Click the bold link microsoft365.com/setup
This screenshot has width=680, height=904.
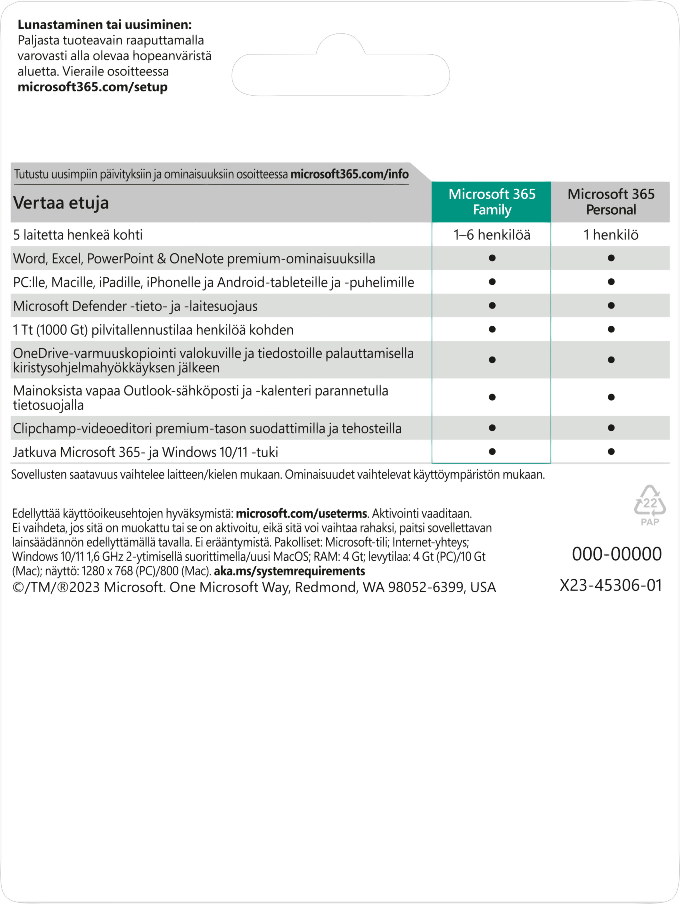pos(92,87)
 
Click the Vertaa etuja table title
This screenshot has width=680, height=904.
pos(61,203)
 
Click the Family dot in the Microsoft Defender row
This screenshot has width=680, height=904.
pos(492,306)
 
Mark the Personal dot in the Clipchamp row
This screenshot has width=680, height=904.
pos(611,428)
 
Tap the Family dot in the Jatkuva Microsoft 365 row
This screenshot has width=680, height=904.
pos(492,452)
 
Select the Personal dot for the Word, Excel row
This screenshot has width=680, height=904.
pos(611,258)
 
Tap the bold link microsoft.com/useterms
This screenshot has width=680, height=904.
pos(301,513)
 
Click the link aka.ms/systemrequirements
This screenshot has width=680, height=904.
pos(289,571)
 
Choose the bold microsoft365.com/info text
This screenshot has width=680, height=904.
pos(349,175)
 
